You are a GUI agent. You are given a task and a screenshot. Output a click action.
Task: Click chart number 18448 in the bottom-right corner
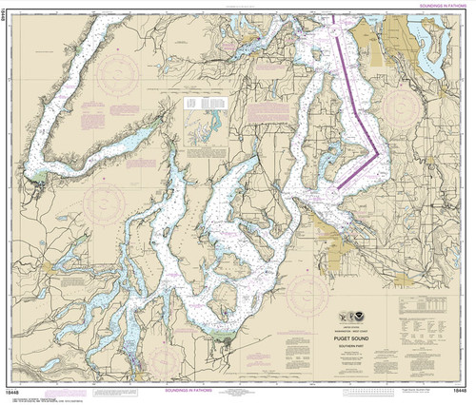(460, 391)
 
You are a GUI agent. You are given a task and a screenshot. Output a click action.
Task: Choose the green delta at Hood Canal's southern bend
(38, 176)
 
